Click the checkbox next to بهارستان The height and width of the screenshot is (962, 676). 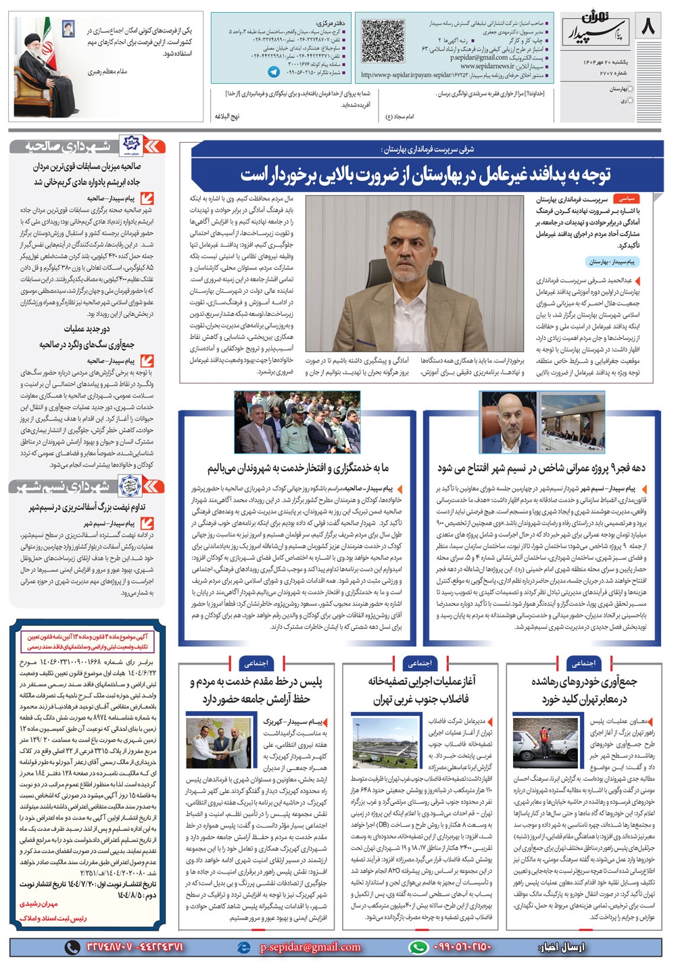coord(631,89)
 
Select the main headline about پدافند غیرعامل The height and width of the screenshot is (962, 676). coord(426,174)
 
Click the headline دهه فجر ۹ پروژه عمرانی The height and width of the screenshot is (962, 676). coord(541,468)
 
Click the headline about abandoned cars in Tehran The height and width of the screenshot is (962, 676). coord(583,690)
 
